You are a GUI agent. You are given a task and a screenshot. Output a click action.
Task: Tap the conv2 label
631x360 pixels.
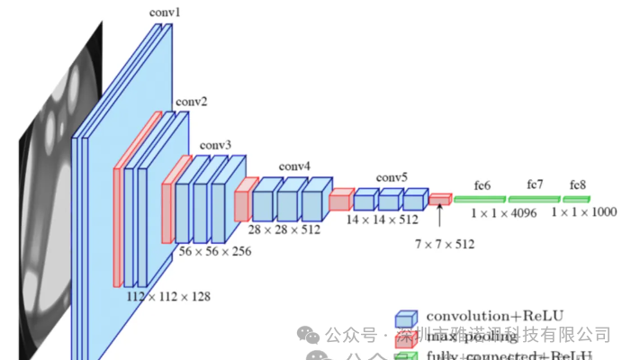(x=191, y=103)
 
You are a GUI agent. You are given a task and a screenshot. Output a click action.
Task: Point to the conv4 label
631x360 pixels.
(x=294, y=166)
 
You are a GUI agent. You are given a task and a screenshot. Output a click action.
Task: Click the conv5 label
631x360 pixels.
(x=392, y=176)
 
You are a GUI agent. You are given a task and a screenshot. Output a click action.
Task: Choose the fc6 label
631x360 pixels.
(x=482, y=185)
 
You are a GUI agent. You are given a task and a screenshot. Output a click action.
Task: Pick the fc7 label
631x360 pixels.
(x=536, y=184)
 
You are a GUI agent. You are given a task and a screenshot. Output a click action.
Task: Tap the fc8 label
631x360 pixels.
(x=577, y=184)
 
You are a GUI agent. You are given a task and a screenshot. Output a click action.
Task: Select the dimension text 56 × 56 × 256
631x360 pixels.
(x=215, y=251)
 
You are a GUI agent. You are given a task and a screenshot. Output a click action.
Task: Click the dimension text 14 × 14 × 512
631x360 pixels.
(x=383, y=220)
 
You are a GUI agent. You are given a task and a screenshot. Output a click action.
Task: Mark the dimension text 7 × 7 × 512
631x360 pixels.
(x=445, y=243)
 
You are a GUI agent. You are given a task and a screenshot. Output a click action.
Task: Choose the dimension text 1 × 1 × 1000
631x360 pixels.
(x=584, y=213)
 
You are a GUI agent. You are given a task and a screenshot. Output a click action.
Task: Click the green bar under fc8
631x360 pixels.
(x=577, y=198)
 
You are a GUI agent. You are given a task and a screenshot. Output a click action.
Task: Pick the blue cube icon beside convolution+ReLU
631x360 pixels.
(x=407, y=318)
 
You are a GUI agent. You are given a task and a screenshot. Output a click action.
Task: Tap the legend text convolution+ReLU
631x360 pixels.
(x=500, y=316)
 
